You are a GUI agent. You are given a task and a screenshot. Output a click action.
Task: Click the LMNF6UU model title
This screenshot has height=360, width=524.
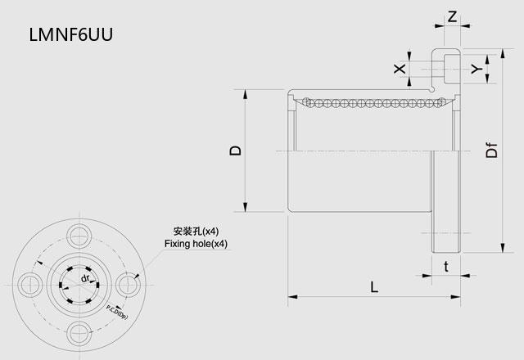[x=71, y=34]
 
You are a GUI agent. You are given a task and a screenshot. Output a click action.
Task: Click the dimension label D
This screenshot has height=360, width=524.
[x=236, y=151]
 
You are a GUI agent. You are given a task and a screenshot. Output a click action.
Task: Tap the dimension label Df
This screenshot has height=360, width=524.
[x=491, y=150]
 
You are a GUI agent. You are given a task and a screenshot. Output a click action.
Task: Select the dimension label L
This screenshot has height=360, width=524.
[x=375, y=287]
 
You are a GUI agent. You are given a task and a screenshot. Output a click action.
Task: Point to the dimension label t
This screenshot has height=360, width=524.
[x=446, y=267]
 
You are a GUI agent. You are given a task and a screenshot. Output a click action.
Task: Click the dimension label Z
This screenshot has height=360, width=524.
[x=452, y=16]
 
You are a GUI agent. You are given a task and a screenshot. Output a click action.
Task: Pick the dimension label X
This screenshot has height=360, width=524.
[x=400, y=69]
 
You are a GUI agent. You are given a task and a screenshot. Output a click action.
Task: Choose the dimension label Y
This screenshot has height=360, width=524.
[x=477, y=69]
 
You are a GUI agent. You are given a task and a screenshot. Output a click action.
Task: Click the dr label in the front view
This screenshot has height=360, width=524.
[x=85, y=278]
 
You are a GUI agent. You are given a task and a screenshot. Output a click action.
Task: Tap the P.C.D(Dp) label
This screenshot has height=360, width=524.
[x=117, y=313]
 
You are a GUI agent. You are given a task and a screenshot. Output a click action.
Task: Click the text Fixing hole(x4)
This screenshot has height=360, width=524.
[x=196, y=244]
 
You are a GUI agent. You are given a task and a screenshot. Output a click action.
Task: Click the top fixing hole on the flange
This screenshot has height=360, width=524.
[x=79, y=236]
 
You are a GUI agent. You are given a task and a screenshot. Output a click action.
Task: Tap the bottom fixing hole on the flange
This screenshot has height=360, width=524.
[x=79, y=333]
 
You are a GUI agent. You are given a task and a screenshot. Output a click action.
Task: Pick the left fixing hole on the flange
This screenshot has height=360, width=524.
[x=30, y=285]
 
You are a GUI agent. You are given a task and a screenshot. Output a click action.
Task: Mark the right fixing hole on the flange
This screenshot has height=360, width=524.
[x=129, y=285]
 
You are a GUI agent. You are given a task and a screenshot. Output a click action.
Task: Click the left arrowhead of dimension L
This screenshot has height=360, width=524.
[x=292, y=296]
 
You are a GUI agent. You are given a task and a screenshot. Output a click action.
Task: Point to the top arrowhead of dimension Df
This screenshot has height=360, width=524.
[x=502, y=54]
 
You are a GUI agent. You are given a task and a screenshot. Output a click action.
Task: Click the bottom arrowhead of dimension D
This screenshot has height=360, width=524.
[x=246, y=207]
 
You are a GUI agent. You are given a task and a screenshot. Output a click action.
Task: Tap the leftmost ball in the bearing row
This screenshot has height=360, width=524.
[x=306, y=101]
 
